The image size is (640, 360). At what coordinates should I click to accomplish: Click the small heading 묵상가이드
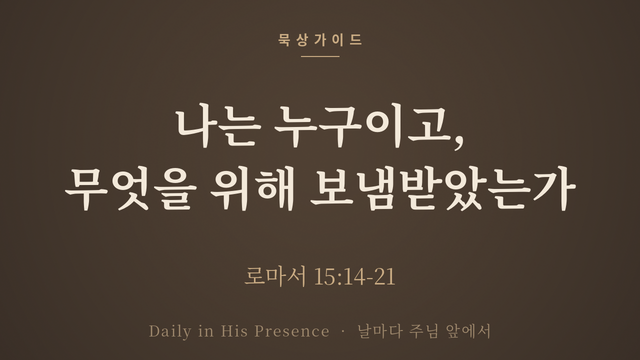tap(320, 40)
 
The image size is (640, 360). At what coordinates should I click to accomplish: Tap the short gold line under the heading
tap(320, 56)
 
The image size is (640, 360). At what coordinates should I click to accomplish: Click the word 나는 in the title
tap(218, 127)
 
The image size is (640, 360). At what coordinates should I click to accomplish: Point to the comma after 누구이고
tap(458, 142)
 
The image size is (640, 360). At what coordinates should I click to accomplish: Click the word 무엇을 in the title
tap(131, 188)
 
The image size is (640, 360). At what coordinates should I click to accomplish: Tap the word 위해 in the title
tap(252, 188)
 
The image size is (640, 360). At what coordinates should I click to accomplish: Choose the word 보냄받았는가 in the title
tap(443, 188)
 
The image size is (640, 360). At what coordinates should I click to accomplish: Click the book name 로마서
tap(275, 276)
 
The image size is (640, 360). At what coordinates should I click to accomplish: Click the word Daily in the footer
tap(170, 331)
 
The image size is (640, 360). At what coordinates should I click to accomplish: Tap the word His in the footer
tap(234, 331)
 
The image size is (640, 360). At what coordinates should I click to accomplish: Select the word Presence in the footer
tap(291, 331)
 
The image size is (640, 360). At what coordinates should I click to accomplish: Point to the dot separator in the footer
tap(343, 331)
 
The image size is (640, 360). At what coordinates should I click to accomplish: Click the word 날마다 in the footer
tap(380, 331)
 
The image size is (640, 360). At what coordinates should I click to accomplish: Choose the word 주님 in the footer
tap(423, 331)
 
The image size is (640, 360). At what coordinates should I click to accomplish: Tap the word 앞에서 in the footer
tap(468, 331)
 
